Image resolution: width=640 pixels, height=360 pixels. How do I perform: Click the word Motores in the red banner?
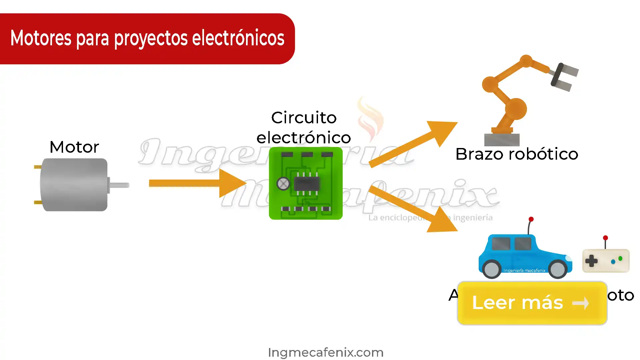point(41,38)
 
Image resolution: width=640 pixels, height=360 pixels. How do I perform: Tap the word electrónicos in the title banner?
point(238,38)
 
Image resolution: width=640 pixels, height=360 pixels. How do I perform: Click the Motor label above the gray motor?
point(74,147)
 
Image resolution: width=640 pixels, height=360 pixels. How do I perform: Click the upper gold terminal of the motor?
point(38,167)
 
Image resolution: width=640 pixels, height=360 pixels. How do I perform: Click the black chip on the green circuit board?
point(307,183)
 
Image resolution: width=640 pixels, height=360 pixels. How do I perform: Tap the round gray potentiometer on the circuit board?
point(283,183)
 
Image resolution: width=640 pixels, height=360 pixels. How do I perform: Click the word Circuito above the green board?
point(304,118)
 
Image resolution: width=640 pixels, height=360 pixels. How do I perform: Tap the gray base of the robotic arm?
point(502,139)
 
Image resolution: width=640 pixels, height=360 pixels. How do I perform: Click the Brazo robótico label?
point(517,154)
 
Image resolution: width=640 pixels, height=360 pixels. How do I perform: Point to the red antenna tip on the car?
point(531,219)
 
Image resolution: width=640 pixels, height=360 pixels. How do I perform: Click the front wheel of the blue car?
point(558,269)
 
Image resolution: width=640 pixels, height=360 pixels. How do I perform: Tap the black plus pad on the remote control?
point(591,261)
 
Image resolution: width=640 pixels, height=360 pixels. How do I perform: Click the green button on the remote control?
point(620,258)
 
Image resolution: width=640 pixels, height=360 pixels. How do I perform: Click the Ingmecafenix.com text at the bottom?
point(326,352)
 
